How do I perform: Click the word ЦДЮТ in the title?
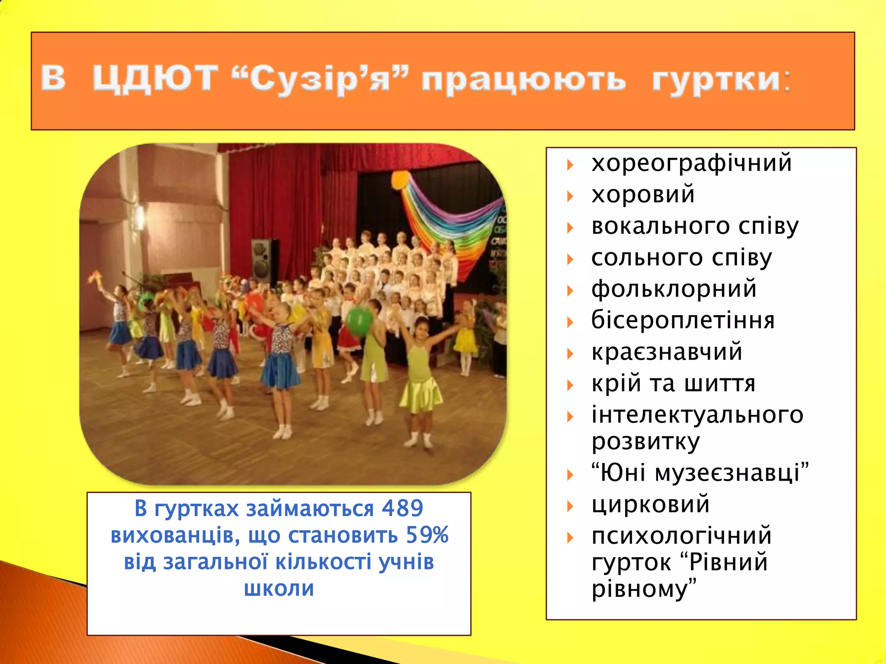[x=155, y=79]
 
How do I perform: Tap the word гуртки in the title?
[x=716, y=80]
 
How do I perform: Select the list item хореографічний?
[x=691, y=163]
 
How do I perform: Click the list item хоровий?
[x=643, y=194]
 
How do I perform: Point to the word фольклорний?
[x=674, y=288]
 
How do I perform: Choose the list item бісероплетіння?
[x=683, y=320]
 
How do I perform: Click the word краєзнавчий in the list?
[x=667, y=351]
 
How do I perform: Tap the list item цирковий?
[x=650, y=504]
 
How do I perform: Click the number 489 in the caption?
[x=402, y=508]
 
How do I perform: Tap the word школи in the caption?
[x=279, y=588]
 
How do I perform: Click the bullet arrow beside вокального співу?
[x=570, y=228]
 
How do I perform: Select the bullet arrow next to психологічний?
[x=570, y=538]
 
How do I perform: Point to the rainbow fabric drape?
[x=450, y=220]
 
